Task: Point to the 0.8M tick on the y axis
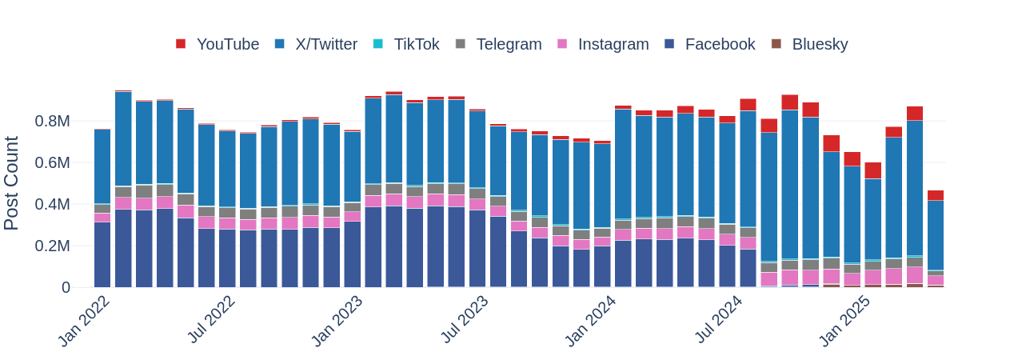pos(52,122)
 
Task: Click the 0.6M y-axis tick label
pos(52,163)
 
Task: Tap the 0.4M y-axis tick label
pos(52,205)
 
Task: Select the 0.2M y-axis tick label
pos(52,246)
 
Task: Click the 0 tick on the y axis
pos(66,288)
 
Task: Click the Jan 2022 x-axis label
pos(84,321)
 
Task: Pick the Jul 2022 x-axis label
pos(210,320)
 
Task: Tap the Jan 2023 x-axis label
pos(337,321)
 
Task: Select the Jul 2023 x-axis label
pos(464,320)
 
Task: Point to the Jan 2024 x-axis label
pos(590,321)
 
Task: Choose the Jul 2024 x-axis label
pos(717,320)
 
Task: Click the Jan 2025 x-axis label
pos(844,321)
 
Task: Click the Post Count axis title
pos(12,183)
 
